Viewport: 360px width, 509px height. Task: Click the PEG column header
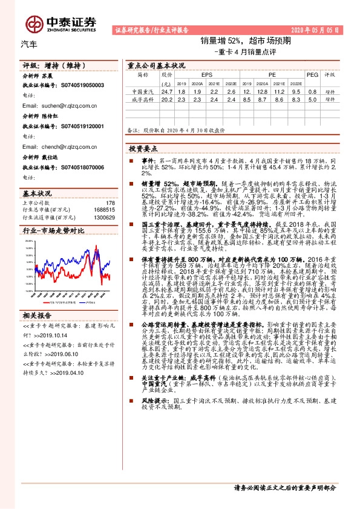point(312,74)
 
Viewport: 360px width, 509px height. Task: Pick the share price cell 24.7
point(167,91)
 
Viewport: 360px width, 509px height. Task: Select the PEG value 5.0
point(312,100)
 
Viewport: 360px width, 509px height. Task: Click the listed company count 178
point(110,203)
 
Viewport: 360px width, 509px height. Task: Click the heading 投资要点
point(143,148)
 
